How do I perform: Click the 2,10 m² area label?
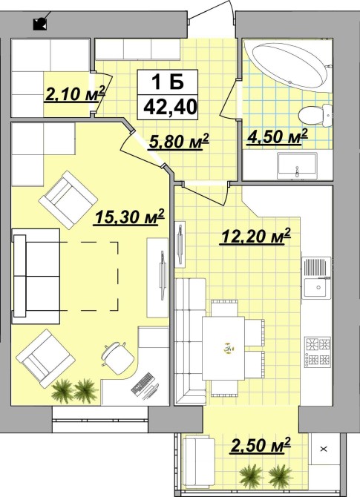click(x=75, y=93)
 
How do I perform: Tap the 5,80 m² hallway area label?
click(x=179, y=142)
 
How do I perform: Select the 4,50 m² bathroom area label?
click(x=277, y=136)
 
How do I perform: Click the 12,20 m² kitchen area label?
click(x=255, y=236)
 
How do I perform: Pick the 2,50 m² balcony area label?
click(x=261, y=444)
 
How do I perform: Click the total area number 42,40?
click(x=170, y=107)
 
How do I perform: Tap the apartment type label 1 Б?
click(x=168, y=82)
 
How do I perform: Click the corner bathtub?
click(x=289, y=66)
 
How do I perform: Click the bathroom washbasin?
click(x=297, y=165)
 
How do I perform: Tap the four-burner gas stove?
click(x=318, y=352)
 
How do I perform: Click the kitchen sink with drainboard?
click(x=317, y=277)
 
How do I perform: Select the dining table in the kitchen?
click(x=223, y=348)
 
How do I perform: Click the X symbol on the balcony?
click(x=324, y=449)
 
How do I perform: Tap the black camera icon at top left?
click(x=40, y=24)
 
